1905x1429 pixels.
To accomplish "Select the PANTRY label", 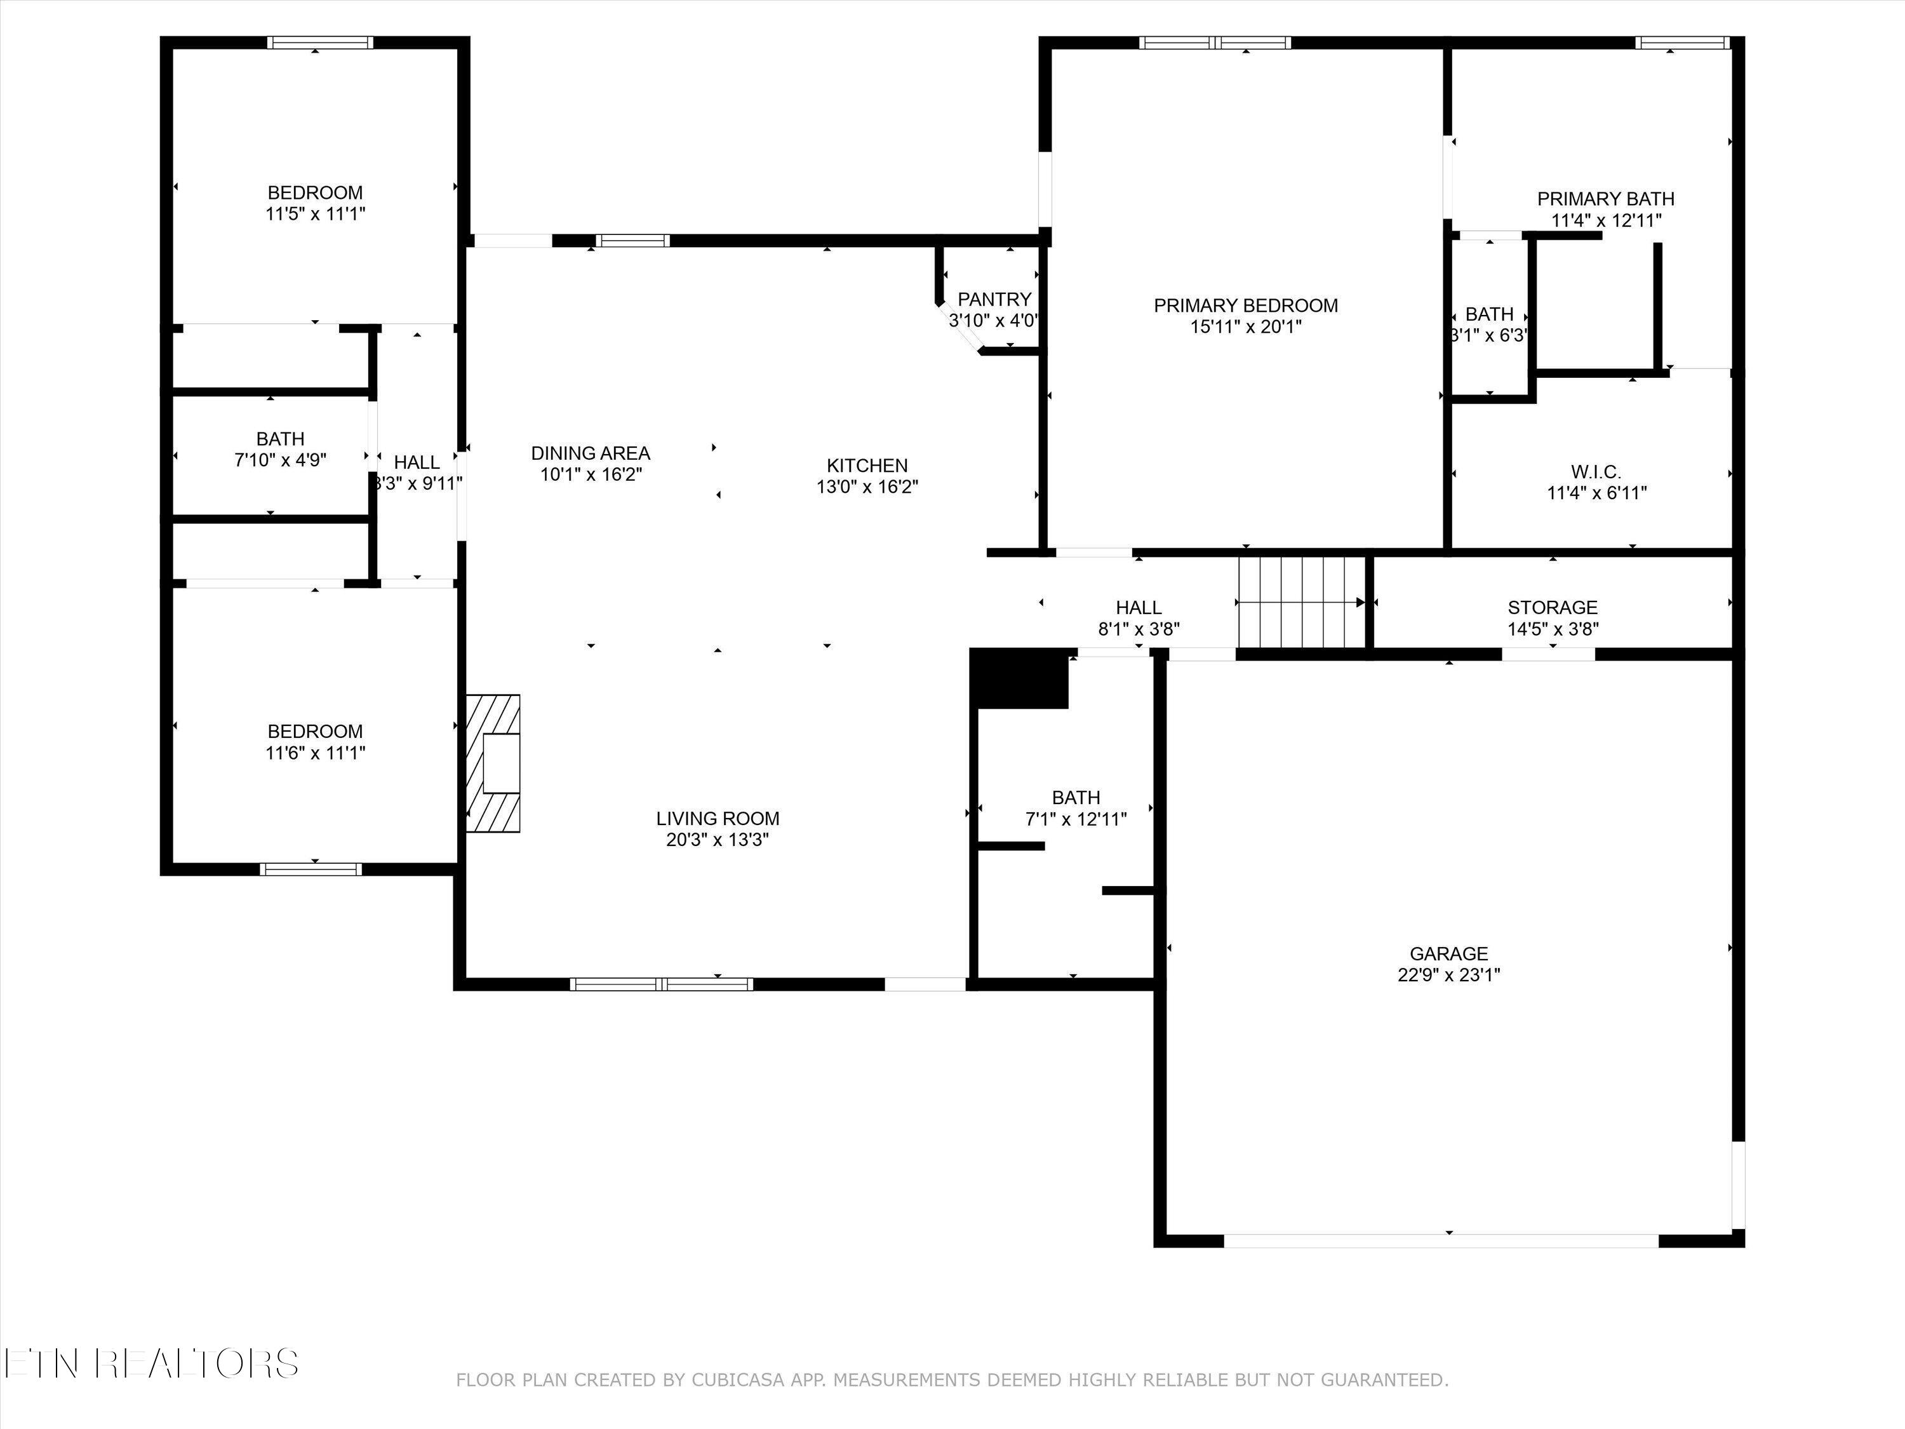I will (994, 299).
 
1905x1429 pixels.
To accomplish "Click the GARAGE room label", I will (1448, 953).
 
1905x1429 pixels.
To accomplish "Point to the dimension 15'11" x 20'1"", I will (1245, 326).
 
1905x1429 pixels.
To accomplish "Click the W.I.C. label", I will (1596, 472).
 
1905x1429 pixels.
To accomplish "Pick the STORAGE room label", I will (1552, 607).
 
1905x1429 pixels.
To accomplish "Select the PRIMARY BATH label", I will (1605, 199).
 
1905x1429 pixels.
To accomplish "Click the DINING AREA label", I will (590, 453).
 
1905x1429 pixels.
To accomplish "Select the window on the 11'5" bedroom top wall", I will (319, 42).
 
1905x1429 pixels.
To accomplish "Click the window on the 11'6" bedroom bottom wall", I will (311, 869).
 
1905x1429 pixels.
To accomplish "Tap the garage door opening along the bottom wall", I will (1441, 1241).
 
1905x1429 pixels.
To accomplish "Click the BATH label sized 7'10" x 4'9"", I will (280, 439).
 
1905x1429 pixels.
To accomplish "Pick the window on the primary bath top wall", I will (1682, 42).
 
